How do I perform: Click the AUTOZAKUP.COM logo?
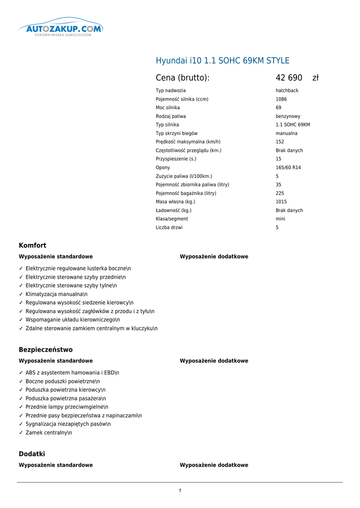click(x=60, y=29)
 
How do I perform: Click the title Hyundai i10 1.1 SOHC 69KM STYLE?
click(x=222, y=61)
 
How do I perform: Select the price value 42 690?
click(x=289, y=78)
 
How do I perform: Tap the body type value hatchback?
click(x=287, y=91)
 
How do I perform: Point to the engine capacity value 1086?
click(x=281, y=99)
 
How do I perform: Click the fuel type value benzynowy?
click(x=288, y=117)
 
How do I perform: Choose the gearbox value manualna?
click(x=287, y=133)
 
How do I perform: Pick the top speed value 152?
click(x=280, y=142)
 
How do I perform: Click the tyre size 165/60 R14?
click(x=288, y=168)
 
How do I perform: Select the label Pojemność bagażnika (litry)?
click(x=186, y=193)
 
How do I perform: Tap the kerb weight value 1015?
click(x=281, y=202)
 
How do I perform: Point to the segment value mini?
click(x=281, y=219)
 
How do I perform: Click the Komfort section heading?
click(x=33, y=246)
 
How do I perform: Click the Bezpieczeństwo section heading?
click(x=46, y=350)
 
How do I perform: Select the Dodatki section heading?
click(x=32, y=454)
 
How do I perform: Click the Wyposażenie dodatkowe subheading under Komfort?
click(x=214, y=256)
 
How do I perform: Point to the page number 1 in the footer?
click(x=180, y=491)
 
